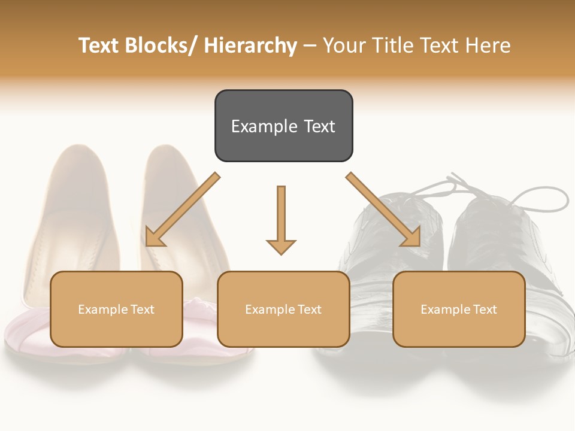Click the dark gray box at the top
tap(283, 126)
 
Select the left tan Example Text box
tap(116, 309)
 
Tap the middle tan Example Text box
tap(283, 309)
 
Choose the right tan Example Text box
tap(459, 309)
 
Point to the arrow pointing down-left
tap(181, 211)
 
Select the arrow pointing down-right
tap(384, 210)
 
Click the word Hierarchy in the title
tap(250, 45)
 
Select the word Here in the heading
tap(489, 45)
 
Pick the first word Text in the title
tap(100, 45)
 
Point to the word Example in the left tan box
tap(103, 309)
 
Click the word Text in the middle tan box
tap(308, 309)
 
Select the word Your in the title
tap(344, 45)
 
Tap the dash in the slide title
tap(310, 45)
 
